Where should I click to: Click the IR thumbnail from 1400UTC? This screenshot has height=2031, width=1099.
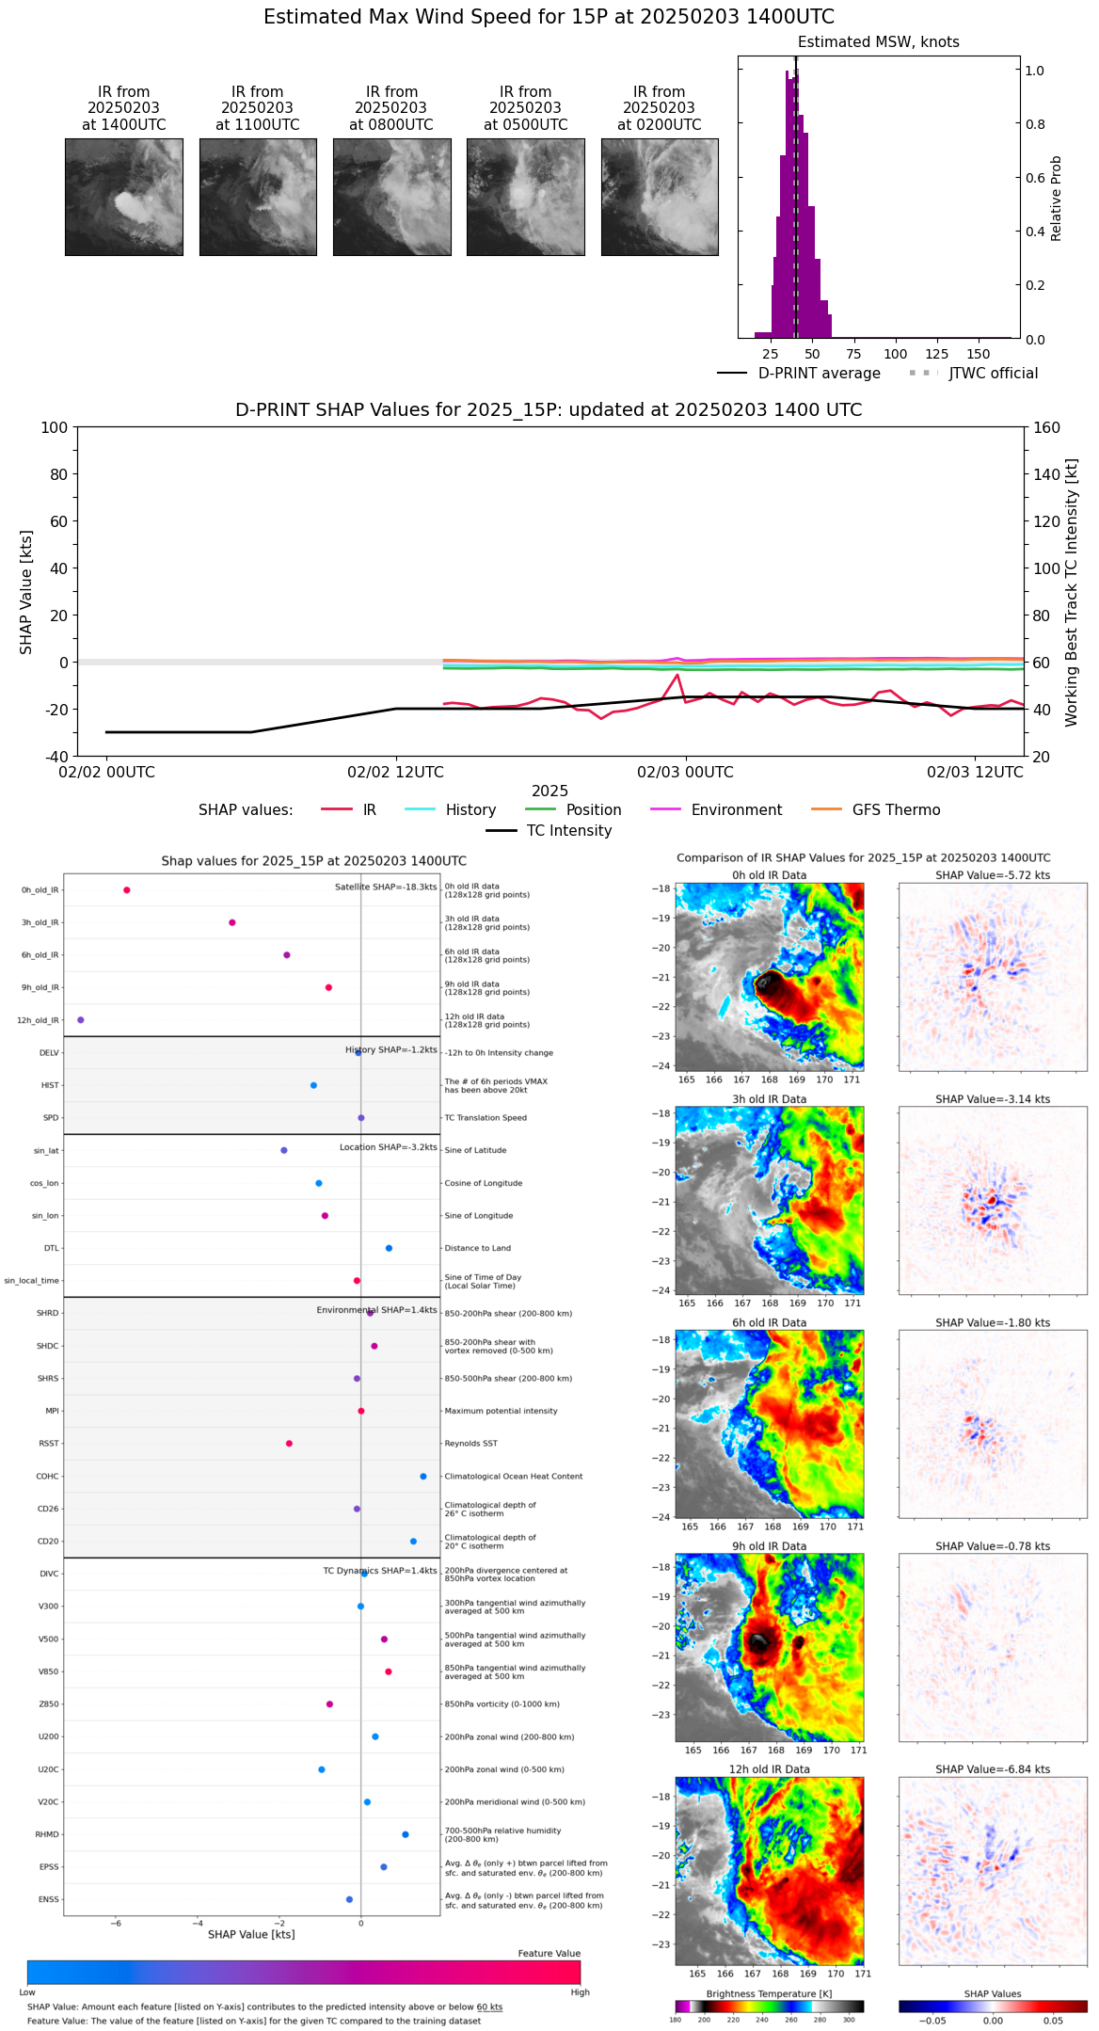124,197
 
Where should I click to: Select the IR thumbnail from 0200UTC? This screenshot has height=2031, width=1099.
660,197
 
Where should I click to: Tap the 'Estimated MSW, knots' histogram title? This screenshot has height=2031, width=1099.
878,42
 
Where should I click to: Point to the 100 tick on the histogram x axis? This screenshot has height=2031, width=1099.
895,354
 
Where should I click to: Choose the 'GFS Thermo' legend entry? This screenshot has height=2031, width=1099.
896,810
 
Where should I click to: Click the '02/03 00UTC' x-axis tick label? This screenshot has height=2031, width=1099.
685,773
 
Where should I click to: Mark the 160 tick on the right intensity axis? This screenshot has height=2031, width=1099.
1046,428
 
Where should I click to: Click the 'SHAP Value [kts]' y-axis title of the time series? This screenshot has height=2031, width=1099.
26,592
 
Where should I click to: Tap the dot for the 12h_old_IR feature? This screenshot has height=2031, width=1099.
81,1020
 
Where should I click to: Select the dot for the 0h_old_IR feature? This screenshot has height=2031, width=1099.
127,890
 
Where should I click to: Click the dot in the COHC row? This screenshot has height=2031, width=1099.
423,1477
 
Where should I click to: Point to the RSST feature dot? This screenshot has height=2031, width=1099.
289,1444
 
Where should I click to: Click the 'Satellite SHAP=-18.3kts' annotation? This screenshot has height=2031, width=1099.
386,888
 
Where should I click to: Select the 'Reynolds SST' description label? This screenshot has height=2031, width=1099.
471,1444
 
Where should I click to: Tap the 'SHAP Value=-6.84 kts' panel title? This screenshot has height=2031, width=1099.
993,1769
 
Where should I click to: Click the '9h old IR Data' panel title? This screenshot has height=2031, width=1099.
769,1546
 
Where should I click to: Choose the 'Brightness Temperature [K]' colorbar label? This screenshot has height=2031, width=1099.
769,1994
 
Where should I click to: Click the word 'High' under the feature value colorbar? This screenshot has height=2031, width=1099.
580,1992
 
